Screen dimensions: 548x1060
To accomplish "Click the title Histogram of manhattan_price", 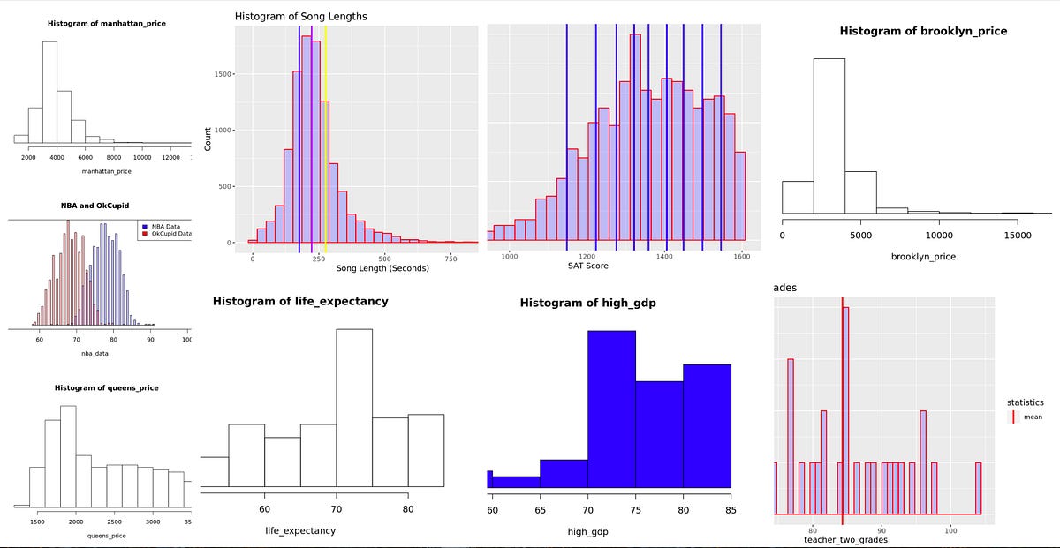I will tap(106, 23).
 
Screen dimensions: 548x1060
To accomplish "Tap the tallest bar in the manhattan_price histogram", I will tap(49, 88).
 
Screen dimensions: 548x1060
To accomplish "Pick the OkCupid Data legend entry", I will tap(165, 234).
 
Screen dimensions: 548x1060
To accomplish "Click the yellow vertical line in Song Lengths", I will tap(326, 132).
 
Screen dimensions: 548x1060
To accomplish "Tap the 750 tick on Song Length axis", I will tap(450, 258).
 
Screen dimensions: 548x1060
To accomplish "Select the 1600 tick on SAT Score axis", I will tap(741, 256).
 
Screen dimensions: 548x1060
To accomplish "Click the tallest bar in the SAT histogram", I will tap(635, 132).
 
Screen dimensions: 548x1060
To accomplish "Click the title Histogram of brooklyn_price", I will tap(922, 31).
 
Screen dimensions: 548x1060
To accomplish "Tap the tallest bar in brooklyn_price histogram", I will tap(829, 132).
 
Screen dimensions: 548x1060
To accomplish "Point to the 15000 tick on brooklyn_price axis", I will tap(1018, 236).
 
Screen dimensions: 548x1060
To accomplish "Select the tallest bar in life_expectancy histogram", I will tap(354, 406).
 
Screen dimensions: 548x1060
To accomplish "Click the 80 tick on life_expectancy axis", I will tap(407, 509).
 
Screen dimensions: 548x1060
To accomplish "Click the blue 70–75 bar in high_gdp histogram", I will tap(611, 406).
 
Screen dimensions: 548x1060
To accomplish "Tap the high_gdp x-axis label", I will tap(587, 532).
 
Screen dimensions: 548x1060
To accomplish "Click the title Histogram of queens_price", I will tap(106, 388).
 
